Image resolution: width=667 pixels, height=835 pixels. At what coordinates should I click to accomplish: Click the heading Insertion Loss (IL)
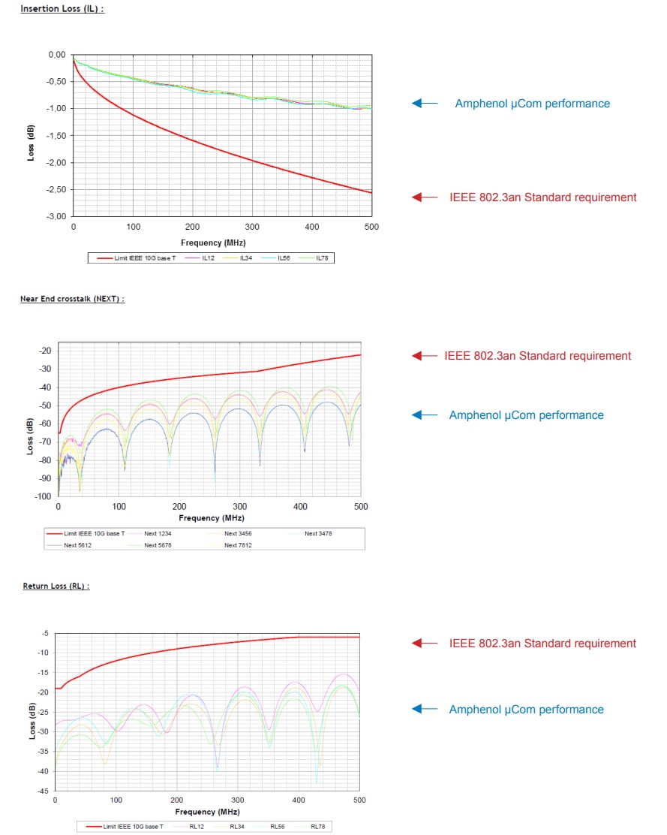tap(62, 9)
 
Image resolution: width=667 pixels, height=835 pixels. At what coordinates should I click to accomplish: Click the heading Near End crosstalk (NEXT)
tap(72, 299)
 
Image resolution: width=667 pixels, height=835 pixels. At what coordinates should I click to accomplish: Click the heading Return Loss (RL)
tap(56, 586)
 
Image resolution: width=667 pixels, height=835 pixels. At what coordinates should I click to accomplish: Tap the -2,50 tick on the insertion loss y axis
tap(56, 190)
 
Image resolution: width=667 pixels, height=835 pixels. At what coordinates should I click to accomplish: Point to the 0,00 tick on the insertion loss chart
tap(57, 55)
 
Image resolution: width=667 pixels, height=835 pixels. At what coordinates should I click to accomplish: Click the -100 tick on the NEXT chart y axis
tap(44, 496)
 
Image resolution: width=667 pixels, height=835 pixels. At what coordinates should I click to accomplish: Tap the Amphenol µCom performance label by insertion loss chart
tap(532, 104)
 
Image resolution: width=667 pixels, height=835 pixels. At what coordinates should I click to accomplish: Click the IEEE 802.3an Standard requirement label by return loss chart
tap(542, 644)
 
